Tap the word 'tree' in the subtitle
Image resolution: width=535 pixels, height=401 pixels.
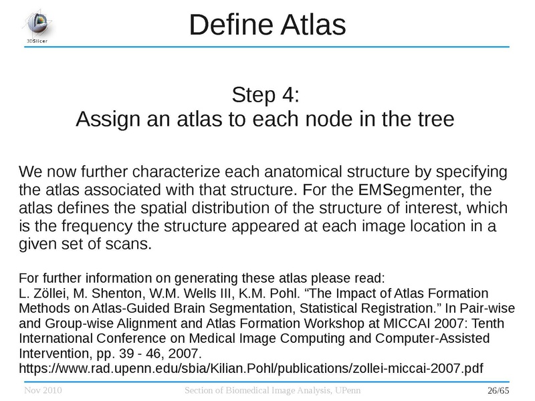[x=432, y=120]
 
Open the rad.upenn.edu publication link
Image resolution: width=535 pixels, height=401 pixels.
[x=251, y=367]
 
